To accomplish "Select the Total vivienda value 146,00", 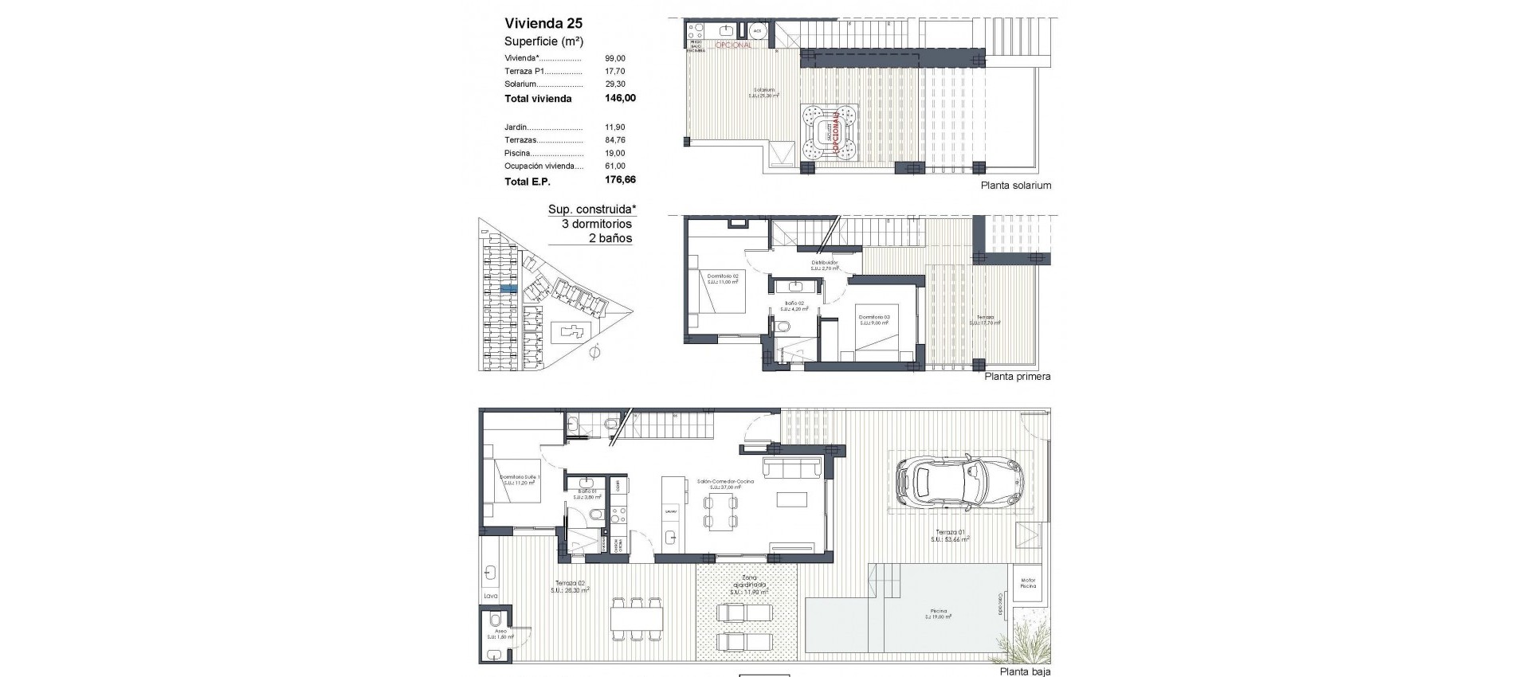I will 620,99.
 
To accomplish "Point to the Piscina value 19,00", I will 615,153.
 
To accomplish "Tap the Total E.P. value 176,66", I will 620,181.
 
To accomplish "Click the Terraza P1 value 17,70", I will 615,71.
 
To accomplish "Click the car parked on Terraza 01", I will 959,482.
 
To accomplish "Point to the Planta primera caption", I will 1018,377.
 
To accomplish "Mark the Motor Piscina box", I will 1029,584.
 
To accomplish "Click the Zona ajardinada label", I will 747,585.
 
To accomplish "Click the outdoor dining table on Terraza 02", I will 637,616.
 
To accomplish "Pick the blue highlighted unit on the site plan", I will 508,288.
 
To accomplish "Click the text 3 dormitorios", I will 596,224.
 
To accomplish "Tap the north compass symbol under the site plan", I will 593,351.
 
